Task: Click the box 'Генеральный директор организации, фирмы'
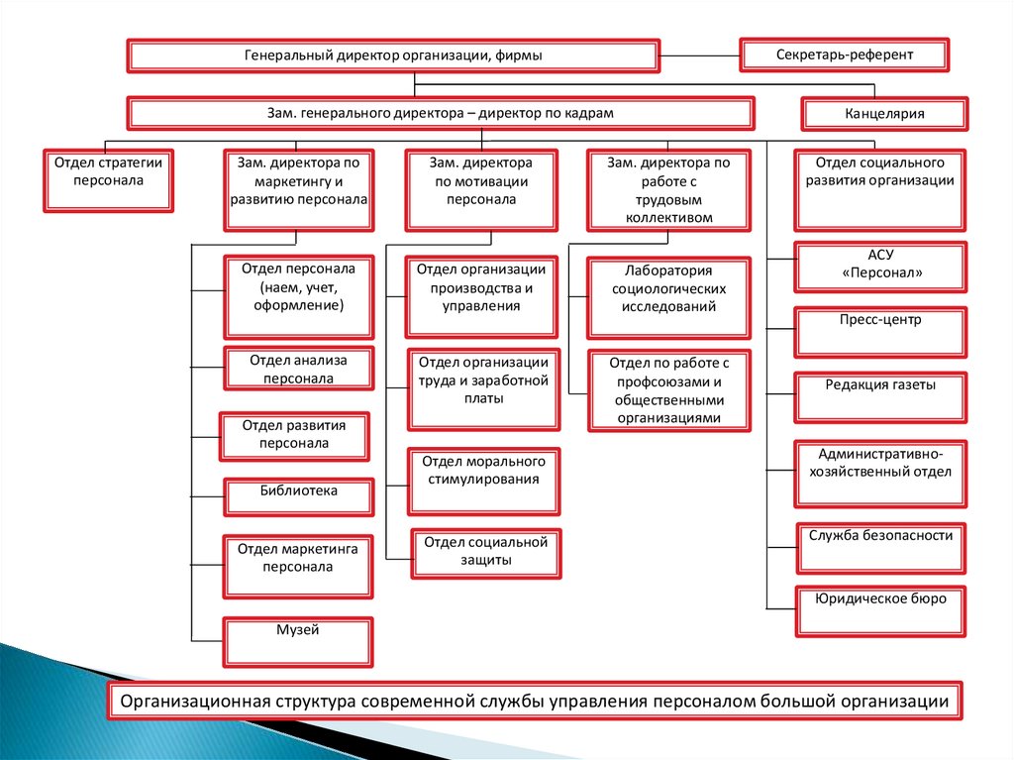[393, 56]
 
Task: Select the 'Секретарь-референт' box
[845, 54]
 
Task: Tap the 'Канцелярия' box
[884, 114]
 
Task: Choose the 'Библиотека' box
[299, 496]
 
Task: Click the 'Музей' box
[299, 642]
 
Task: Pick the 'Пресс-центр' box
[880, 331]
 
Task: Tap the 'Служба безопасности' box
[880, 547]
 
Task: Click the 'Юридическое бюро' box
[880, 610]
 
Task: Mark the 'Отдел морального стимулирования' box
[483, 481]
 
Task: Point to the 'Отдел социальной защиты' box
[486, 553]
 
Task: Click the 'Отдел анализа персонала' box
[299, 369]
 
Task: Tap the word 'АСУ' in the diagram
[880, 255]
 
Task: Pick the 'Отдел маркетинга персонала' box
[299, 566]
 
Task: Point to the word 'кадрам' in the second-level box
[591, 113]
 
